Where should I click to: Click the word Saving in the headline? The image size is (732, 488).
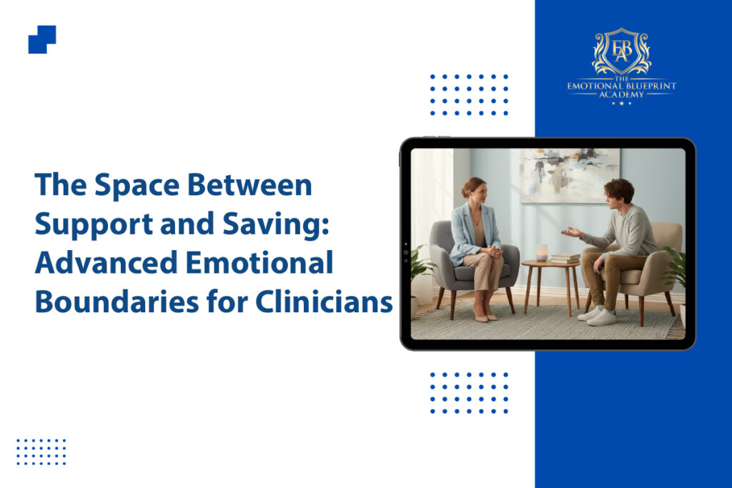[x=276, y=224]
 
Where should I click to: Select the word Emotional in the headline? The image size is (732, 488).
[x=259, y=263]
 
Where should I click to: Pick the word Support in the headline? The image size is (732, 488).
[x=94, y=224]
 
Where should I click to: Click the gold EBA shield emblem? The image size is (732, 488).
[x=621, y=51]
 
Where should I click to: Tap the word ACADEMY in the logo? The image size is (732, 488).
[x=621, y=95]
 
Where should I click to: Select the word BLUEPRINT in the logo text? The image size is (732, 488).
[x=650, y=86]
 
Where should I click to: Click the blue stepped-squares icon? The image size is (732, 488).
[x=42, y=39]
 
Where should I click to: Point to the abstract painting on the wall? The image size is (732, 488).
[x=570, y=176]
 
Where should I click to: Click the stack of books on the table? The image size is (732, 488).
[x=565, y=258]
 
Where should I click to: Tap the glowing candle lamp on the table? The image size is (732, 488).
[x=542, y=252]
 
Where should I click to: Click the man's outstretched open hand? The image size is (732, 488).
[x=571, y=232]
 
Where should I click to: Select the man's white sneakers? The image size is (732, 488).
[x=597, y=316]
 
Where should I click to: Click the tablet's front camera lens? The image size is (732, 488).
[x=406, y=252]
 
